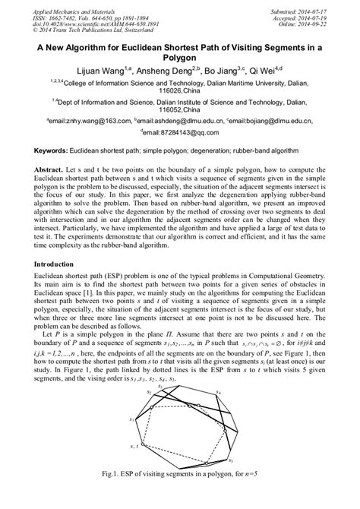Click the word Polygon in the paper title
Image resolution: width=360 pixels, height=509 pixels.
(179, 57)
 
